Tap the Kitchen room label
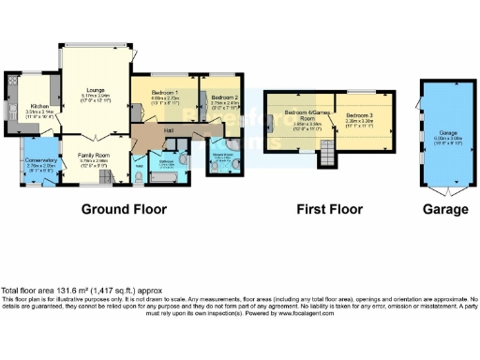[x=38, y=106]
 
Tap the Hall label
[x=170, y=129]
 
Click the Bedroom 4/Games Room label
[x=301, y=115]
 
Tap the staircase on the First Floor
[x=327, y=153]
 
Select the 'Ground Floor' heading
[x=124, y=209]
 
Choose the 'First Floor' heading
[x=323, y=209]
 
